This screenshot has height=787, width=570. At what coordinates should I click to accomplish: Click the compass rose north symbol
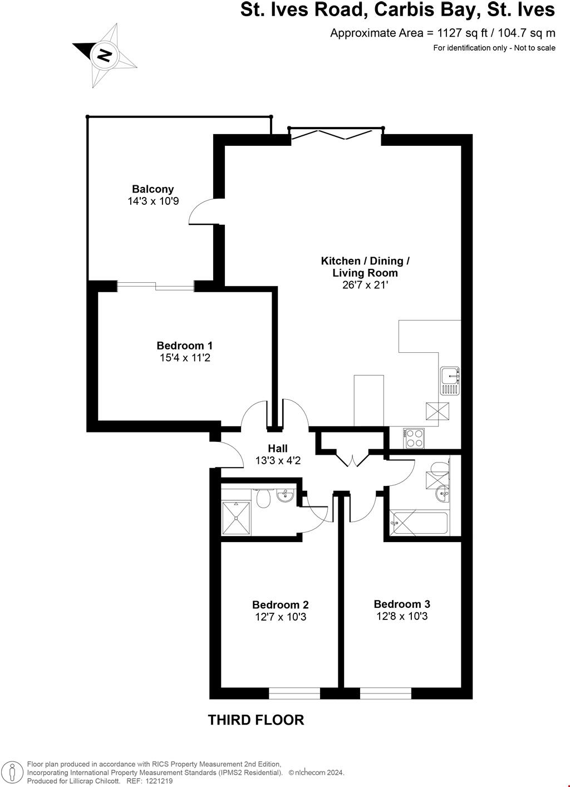pos(104,55)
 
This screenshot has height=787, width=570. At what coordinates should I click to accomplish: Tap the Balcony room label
pos(153,189)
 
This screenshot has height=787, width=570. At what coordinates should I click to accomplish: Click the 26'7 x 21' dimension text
pos(365,285)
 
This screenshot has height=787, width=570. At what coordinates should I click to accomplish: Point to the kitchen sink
pos(450,381)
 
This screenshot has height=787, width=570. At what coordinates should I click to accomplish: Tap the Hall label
pos(278,449)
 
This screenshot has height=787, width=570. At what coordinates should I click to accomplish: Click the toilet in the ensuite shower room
pos(263,498)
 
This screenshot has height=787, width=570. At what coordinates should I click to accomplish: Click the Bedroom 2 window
pos(294,693)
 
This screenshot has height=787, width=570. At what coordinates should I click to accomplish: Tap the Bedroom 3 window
pos(385,693)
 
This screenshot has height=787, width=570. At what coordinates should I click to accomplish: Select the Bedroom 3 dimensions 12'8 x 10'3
pos(402,616)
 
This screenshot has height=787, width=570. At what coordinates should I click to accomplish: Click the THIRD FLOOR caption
pos(256,720)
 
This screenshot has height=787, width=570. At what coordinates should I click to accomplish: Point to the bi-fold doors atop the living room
pos(336,133)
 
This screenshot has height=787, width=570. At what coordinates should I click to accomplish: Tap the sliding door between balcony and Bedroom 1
pos(156,286)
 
